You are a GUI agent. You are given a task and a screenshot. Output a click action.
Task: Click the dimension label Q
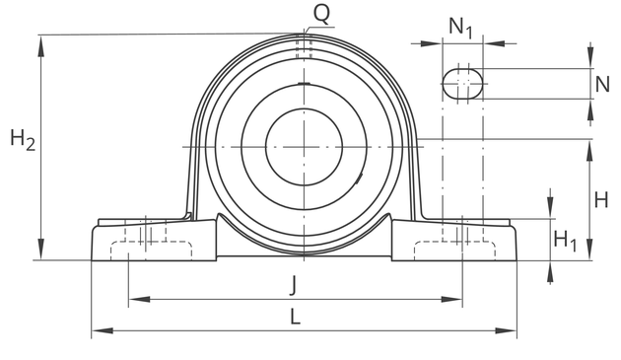[321, 14]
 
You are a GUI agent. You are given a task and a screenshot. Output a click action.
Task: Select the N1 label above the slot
[460, 29]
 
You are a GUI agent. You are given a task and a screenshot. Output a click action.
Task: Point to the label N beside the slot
[602, 84]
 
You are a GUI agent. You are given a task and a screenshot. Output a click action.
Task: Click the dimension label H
[601, 200]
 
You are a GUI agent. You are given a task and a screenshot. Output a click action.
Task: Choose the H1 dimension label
[565, 241]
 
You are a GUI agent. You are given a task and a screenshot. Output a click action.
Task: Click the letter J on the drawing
[293, 285]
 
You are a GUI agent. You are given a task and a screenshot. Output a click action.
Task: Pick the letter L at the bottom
[295, 318]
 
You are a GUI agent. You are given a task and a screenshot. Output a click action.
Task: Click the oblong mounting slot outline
[443, 84]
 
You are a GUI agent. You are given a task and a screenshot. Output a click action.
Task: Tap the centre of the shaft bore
[304, 147]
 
